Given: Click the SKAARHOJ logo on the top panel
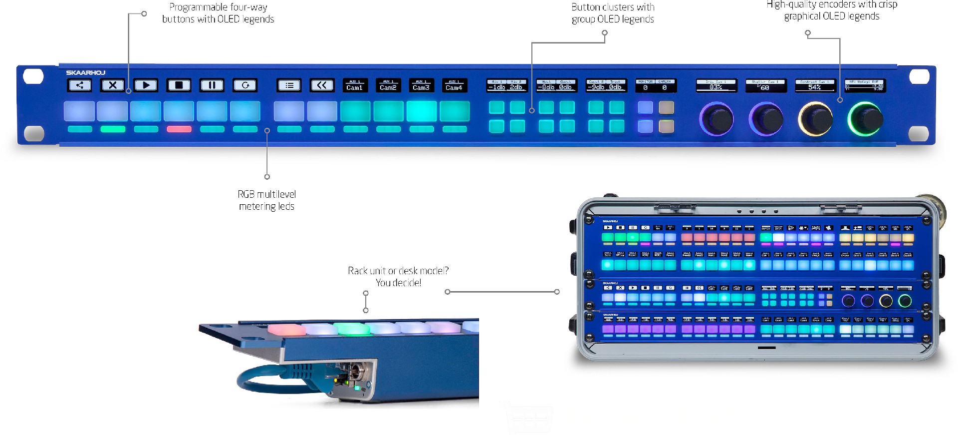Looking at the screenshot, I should pyautogui.click(x=85, y=72).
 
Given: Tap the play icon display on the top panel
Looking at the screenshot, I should pyautogui.click(x=146, y=85).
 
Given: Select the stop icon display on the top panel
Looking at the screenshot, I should pyautogui.click(x=179, y=85).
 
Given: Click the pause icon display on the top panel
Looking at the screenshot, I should pyautogui.click(x=212, y=85).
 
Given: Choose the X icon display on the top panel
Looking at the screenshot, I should pyautogui.click(x=113, y=85).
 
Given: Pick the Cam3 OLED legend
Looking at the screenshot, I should pyautogui.click(x=421, y=85).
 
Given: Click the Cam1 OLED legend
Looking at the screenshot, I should pyautogui.click(x=355, y=85).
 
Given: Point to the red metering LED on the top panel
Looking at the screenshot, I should pyautogui.click(x=179, y=129).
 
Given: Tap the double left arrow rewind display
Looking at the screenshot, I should pyautogui.click(x=322, y=85).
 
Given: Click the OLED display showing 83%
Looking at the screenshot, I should pyautogui.click(x=716, y=85).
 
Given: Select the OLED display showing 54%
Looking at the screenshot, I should pyautogui.click(x=815, y=85).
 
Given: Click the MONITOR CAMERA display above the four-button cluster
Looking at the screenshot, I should pyautogui.click(x=656, y=85).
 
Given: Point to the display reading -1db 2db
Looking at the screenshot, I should pyautogui.click(x=507, y=85).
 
